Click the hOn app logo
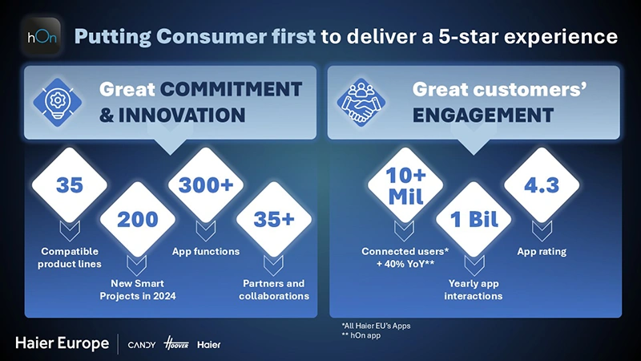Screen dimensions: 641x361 click(x=42, y=36)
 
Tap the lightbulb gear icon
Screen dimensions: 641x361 click(x=57, y=102)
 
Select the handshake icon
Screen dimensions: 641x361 click(x=361, y=102)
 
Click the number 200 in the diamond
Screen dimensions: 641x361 click(x=138, y=220)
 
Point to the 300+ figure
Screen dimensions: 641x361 click(x=206, y=185)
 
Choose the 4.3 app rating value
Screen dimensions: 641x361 click(x=542, y=185)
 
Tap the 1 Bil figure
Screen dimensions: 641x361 click(x=474, y=220)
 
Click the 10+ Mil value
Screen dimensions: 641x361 click(x=405, y=186)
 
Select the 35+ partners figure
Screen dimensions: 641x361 click(x=274, y=220)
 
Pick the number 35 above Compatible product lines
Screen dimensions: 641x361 click(x=70, y=185)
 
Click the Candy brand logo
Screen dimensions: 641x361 click(x=142, y=345)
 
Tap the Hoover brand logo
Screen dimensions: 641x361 click(x=176, y=343)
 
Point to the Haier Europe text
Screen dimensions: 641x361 click(x=62, y=343)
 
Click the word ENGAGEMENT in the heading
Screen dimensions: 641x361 click(x=483, y=116)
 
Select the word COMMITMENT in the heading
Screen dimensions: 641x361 click(x=231, y=89)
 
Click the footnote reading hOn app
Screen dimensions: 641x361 click(x=361, y=335)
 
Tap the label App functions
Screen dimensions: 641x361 click(x=206, y=251)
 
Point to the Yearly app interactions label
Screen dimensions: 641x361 click(x=474, y=290)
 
